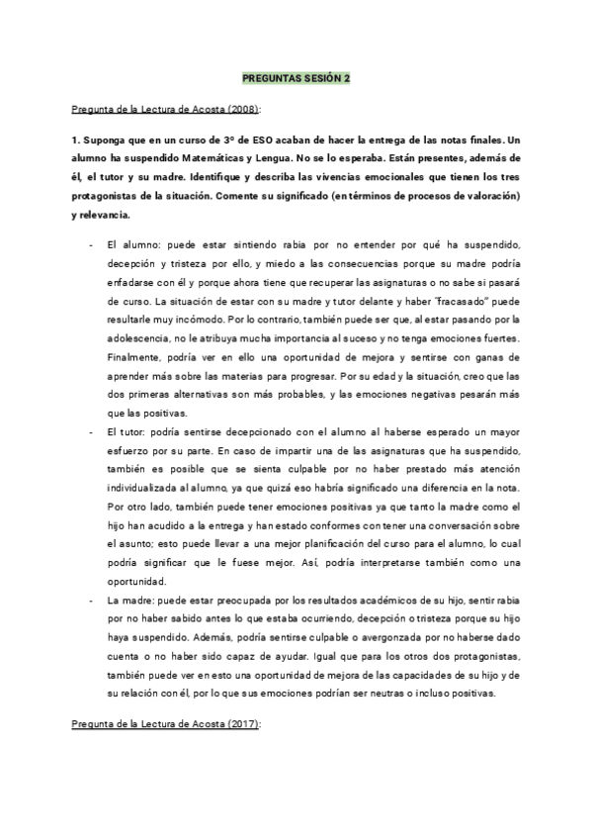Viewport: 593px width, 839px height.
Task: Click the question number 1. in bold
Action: click(76, 140)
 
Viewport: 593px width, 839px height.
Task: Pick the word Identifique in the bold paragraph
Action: click(218, 177)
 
